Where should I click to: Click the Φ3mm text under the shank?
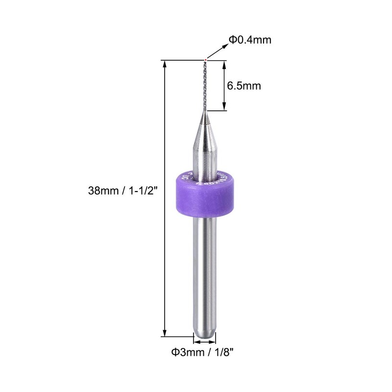coord(183,351)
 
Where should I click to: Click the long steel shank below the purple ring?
coord(204,274)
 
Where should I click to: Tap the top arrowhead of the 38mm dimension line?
coord(165,64)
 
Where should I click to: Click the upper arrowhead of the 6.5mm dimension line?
coord(224,64)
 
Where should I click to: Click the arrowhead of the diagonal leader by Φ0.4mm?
coord(227,45)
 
